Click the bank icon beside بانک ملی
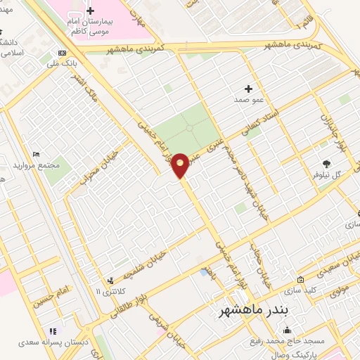63,53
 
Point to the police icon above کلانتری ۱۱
110,281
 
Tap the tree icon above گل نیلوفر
326,163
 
